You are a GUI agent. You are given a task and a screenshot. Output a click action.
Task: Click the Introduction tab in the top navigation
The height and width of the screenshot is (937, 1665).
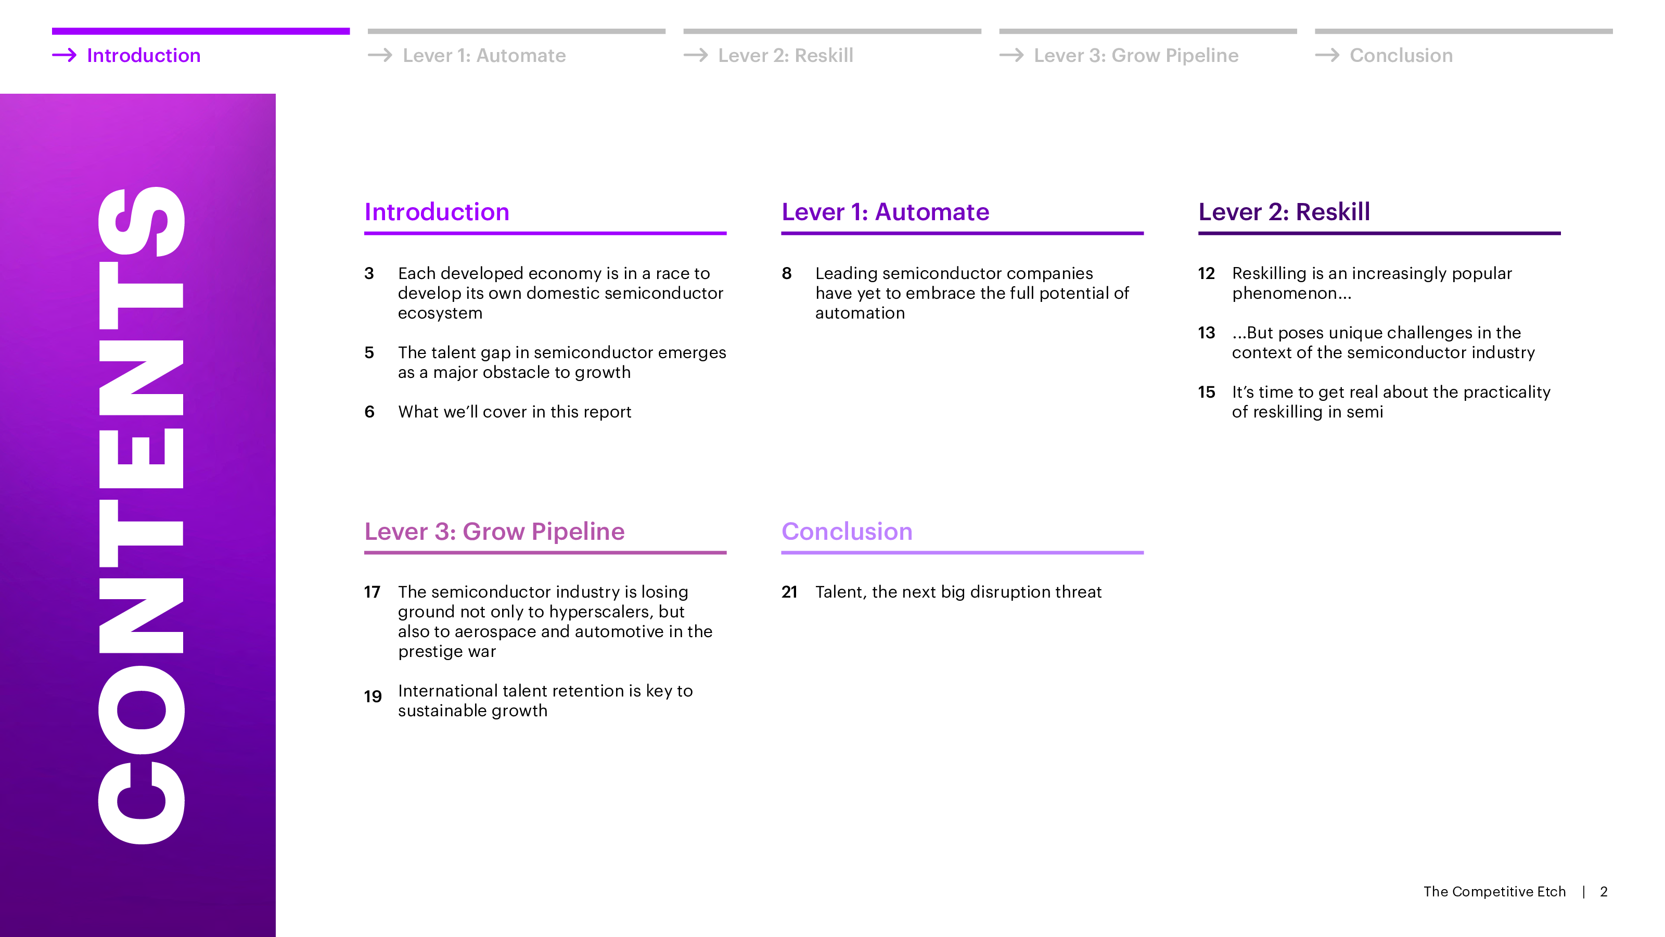(144, 56)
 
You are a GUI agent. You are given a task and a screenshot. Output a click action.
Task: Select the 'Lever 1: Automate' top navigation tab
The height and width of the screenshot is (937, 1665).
(484, 56)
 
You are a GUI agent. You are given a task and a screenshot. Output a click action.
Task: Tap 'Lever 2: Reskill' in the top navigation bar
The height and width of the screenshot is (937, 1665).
(785, 56)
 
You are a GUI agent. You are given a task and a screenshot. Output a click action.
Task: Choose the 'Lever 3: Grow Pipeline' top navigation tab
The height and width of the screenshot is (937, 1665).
(1136, 56)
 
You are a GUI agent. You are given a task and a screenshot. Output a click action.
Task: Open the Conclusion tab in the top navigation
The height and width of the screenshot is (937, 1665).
(1401, 56)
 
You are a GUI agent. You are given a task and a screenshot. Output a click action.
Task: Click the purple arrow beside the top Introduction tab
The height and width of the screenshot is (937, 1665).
(64, 56)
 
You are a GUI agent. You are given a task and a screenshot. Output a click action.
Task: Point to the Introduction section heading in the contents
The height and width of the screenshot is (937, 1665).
(437, 212)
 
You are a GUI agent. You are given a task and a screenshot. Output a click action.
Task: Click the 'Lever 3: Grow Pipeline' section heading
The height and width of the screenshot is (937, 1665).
(494, 531)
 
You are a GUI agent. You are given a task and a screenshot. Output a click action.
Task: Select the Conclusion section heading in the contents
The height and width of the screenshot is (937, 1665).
(847, 531)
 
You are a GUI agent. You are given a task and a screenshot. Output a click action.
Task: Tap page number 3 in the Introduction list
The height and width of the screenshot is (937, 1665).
(369, 273)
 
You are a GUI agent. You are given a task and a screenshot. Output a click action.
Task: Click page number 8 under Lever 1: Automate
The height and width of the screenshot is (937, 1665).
(787, 273)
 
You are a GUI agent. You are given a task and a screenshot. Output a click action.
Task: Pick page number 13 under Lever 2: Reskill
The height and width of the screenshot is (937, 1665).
(1206, 333)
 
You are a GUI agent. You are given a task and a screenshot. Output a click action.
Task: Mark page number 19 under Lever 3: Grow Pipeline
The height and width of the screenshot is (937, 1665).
(373, 697)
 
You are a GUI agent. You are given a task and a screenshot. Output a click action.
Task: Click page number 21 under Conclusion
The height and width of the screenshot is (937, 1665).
(789, 592)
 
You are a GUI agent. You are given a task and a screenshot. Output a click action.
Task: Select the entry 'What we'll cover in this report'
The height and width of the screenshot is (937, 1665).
(515, 412)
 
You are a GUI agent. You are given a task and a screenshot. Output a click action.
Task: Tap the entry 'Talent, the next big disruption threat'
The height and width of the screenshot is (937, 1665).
(958, 592)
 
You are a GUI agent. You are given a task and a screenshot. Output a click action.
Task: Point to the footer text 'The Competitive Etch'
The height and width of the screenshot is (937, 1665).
(1494, 892)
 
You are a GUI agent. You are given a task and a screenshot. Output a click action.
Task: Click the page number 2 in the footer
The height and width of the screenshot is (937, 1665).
(1604, 892)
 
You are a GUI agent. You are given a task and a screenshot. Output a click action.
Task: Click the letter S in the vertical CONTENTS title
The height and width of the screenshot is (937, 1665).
(142, 221)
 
